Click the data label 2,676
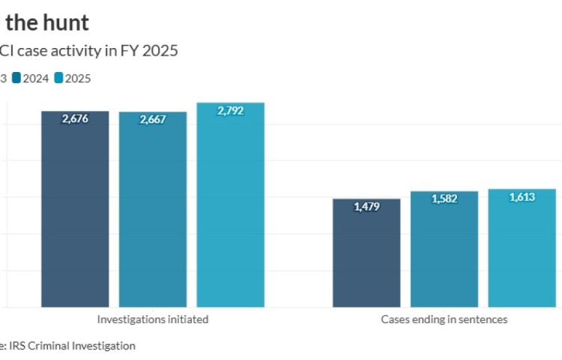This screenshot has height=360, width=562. click(x=75, y=118)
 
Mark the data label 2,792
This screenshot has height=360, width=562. click(x=231, y=110)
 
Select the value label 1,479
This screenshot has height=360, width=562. click(x=366, y=206)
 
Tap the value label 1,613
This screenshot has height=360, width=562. click(x=522, y=196)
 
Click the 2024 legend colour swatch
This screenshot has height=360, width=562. click(x=17, y=77)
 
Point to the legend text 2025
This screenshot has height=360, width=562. click(x=77, y=77)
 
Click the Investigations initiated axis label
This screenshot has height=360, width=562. click(x=153, y=319)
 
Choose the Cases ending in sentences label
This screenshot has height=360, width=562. click(x=444, y=319)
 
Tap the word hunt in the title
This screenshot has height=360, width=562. click(x=69, y=22)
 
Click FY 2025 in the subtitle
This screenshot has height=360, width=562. click(x=153, y=51)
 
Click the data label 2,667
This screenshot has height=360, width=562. click(x=153, y=119)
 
